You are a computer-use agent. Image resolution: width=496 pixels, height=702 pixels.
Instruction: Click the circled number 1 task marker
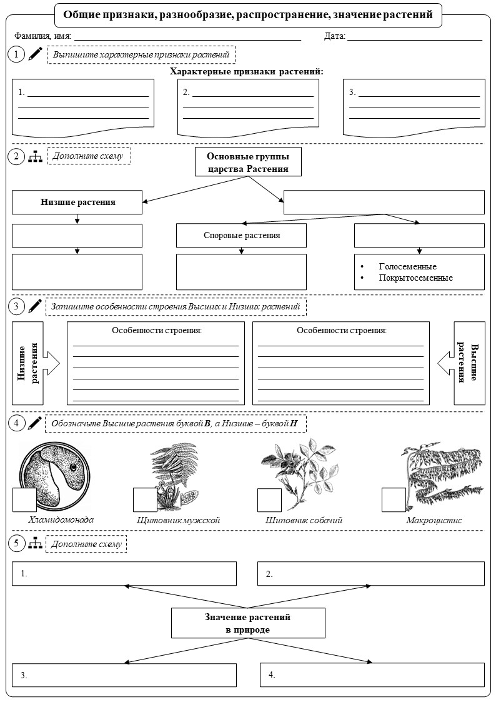point(16,54)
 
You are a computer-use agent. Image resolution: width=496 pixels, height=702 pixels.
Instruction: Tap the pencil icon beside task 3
point(35,306)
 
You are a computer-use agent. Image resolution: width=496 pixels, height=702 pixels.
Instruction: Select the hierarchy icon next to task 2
point(36,156)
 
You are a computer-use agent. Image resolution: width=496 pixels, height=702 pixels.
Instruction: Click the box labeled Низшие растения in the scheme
point(77,202)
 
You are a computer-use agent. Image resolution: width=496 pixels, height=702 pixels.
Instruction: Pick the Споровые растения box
point(242,236)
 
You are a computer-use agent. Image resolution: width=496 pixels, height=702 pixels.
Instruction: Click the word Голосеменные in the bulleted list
point(407,266)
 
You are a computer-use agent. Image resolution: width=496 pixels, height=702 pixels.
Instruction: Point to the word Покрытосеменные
point(415,278)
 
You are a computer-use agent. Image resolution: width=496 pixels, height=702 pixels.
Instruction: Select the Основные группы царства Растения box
point(248,162)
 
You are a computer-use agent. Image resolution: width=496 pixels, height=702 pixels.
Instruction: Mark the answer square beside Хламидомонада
point(24,499)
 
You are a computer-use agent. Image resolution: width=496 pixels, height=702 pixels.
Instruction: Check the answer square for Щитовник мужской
point(146,499)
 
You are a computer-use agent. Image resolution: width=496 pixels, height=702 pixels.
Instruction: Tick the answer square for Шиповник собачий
point(269,499)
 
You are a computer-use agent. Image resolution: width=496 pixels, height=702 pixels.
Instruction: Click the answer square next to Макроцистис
point(394,499)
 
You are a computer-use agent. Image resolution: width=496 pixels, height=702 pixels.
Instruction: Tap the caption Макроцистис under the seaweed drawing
point(434,520)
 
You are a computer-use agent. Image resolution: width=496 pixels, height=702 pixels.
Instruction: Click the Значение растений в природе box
point(248,623)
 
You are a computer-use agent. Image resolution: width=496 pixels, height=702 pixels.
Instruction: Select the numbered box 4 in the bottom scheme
point(372,674)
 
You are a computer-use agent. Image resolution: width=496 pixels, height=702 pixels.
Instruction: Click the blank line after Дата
point(415,40)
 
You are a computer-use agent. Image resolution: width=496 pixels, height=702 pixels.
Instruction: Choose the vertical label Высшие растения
point(469,363)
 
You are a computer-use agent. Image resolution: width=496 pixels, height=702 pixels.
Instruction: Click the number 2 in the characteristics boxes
point(186,93)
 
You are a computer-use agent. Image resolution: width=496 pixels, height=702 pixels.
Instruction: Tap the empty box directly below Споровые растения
point(242,272)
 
